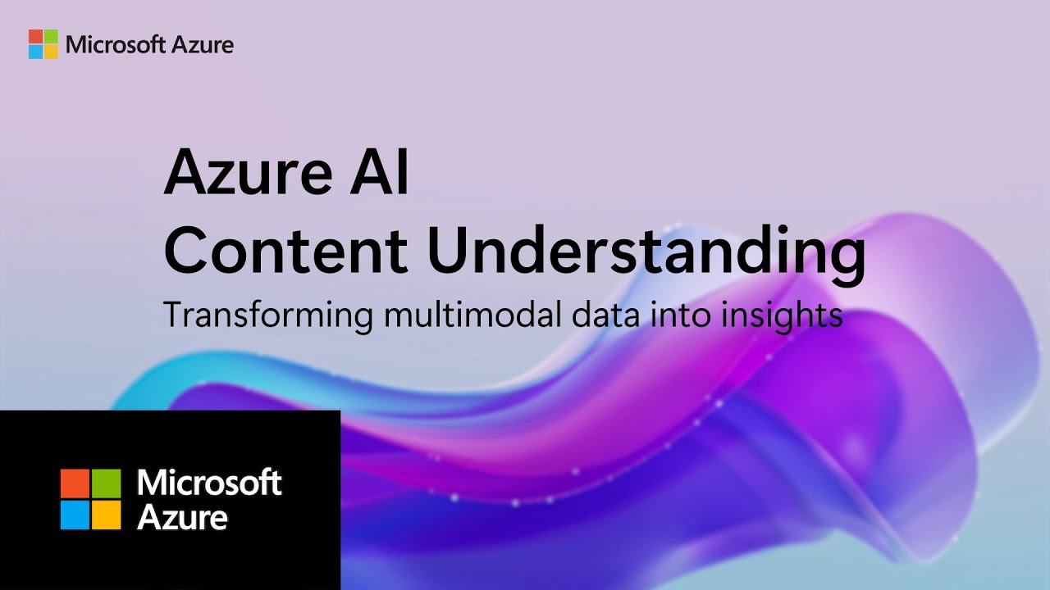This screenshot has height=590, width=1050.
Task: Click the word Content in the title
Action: tap(285, 250)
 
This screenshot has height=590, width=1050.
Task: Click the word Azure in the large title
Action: tap(248, 172)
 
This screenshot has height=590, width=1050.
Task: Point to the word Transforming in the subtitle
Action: tap(268, 316)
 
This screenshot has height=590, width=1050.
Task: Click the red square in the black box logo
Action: tap(75, 483)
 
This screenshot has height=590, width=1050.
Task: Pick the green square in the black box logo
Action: tap(106, 483)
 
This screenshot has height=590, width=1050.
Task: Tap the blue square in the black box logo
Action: tap(75, 515)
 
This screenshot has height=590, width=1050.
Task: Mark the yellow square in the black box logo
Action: tap(106, 515)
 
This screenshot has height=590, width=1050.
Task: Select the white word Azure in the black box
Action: tap(182, 517)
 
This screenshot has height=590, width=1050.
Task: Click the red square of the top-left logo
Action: tap(35, 37)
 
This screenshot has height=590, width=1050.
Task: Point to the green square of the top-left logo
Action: tap(51, 37)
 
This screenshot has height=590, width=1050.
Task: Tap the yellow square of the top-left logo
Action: tap(51, 52)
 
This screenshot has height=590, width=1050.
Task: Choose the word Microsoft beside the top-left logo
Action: tap(116, 45)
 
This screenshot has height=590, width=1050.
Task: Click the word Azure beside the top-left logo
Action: tap(202, 45)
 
